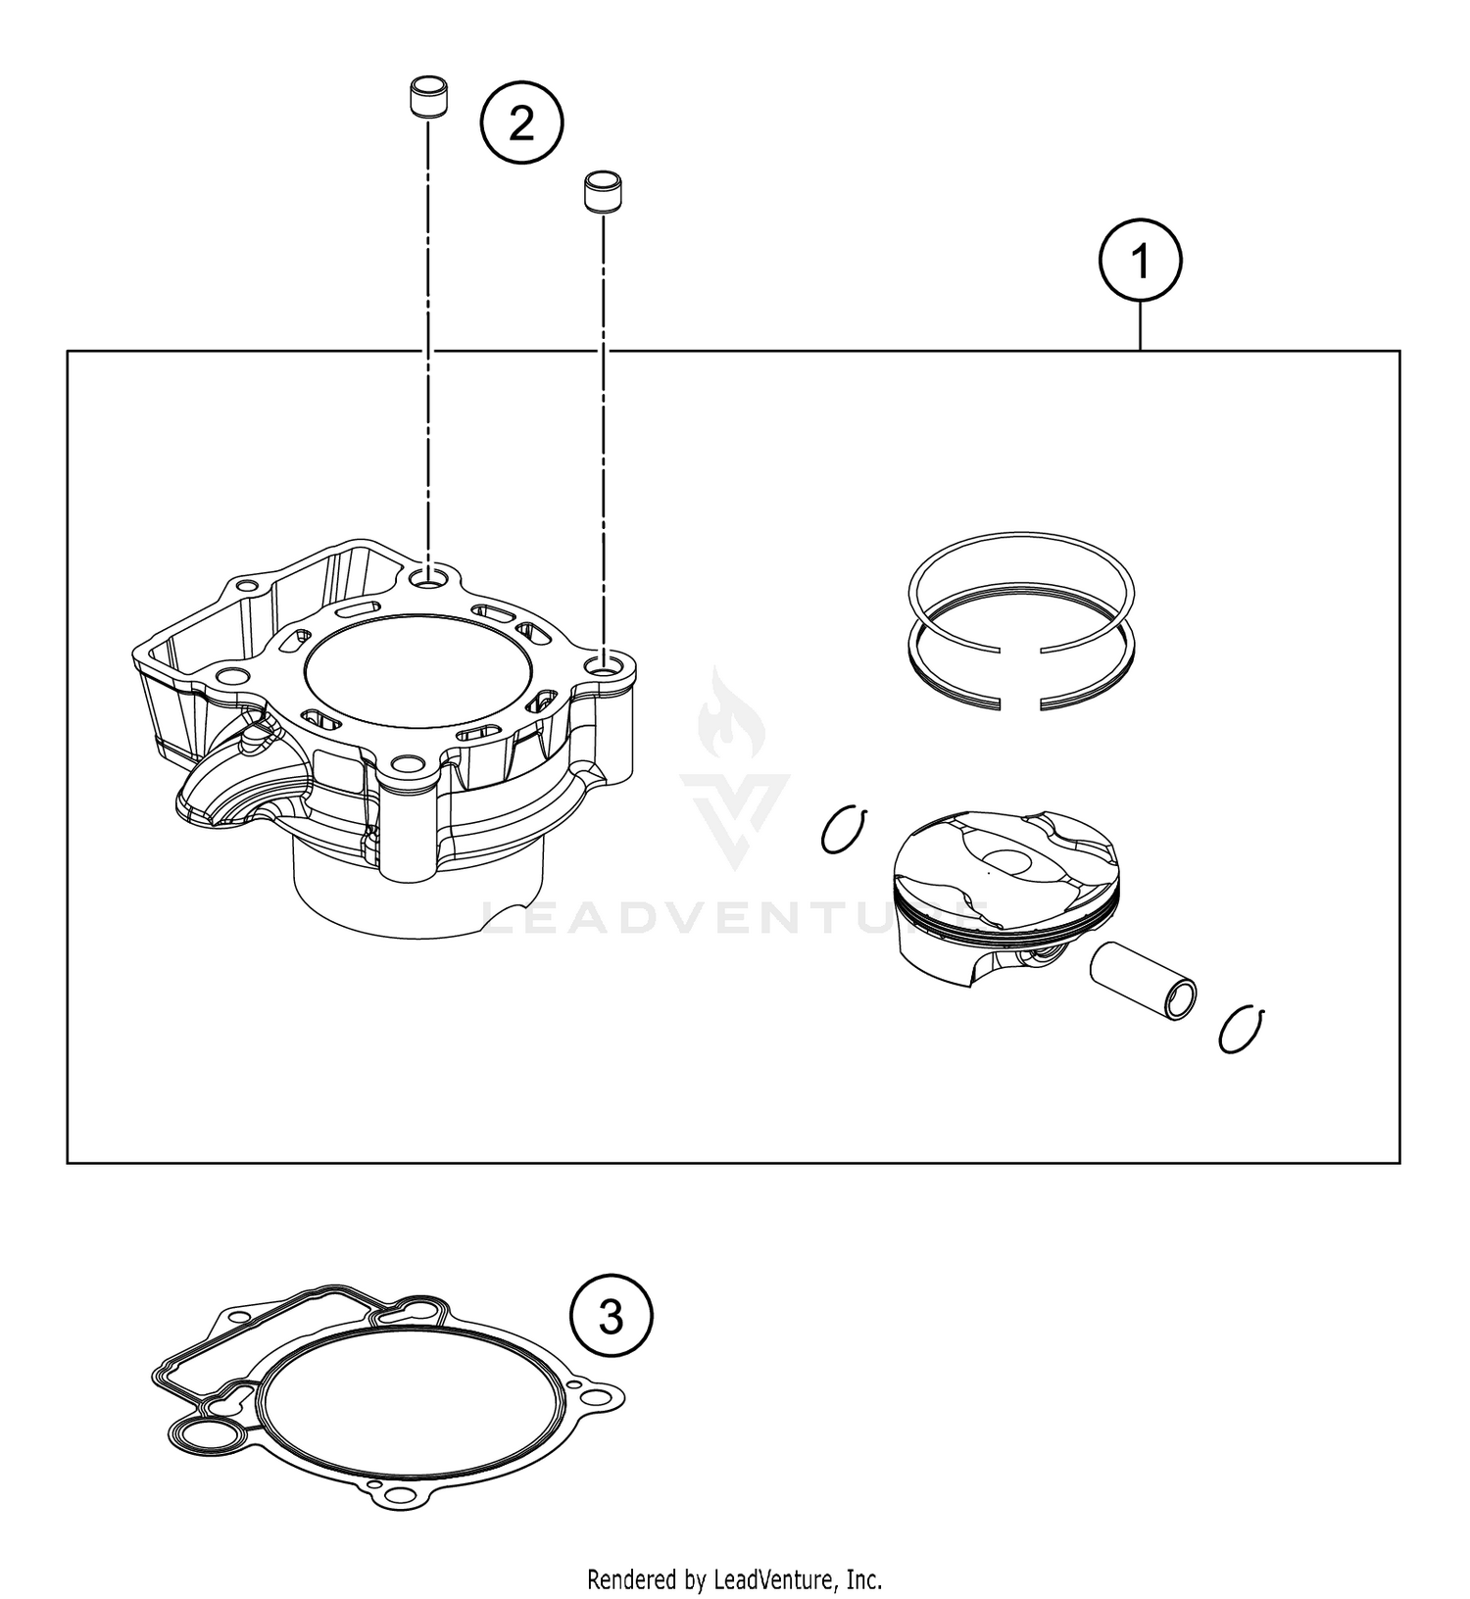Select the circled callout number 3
coord(611,1317)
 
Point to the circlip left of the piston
coord(844,830)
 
